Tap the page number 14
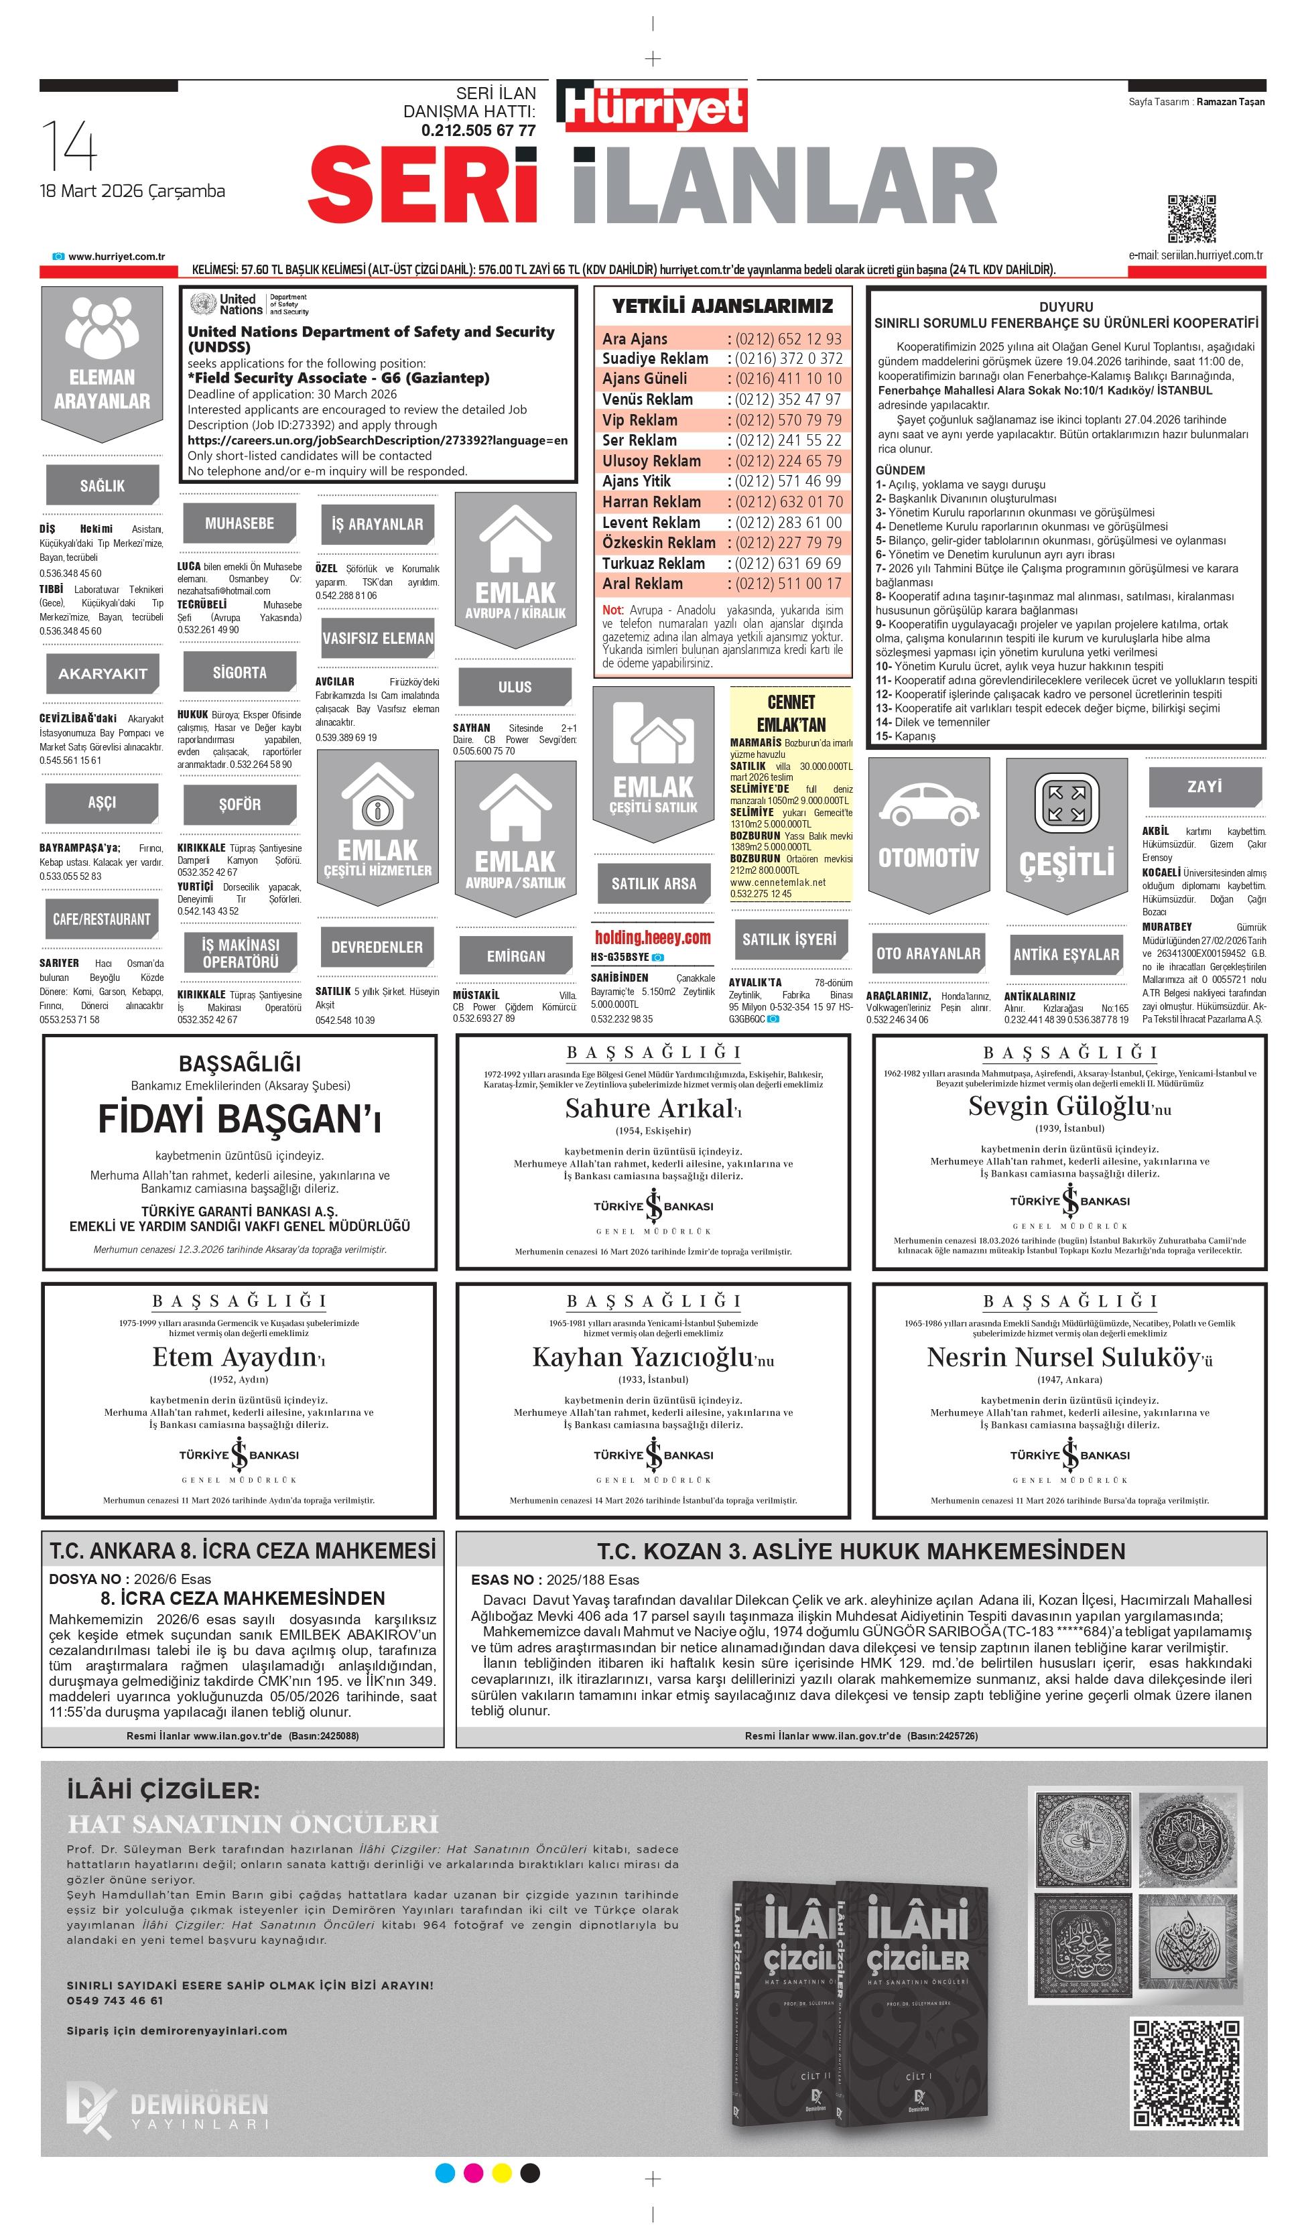(68, 146)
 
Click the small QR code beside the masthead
(1191, 218)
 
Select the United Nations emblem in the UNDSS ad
(202, 304)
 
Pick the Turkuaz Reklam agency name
(653, 564)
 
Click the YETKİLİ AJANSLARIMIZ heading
(722, 306)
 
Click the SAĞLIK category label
(102, 485)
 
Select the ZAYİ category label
(1204, 786)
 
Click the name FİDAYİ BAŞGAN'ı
(239, 1119)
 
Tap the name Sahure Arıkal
(649, 1108)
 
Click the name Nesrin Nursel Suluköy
(1063, 1357)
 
